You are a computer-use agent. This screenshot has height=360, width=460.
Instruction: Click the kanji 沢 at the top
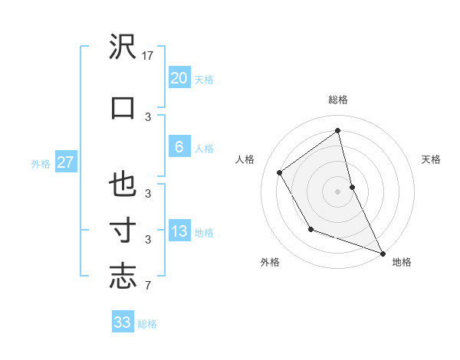[123, 48]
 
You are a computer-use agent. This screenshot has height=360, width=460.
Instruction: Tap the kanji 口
[123, 106]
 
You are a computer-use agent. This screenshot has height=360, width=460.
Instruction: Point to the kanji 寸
[123, 230]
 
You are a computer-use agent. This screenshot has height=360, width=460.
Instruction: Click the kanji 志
[123, 276]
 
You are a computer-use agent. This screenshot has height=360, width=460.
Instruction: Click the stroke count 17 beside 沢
[149, 56]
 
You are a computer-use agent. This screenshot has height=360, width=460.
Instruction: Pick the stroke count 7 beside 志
[147, 286]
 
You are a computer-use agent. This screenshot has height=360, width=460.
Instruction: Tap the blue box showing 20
[179, 78]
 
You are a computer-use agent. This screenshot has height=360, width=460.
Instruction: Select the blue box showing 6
[179, 147]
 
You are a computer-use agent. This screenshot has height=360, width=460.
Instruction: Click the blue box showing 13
[179, 232]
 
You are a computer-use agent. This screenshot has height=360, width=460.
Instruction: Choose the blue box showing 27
[65, 162]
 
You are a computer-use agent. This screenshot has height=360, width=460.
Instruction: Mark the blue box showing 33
[122, 322]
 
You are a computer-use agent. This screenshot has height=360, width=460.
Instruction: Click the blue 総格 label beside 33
[147, 324]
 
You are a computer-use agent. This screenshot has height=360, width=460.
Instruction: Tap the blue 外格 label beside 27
[41, 163]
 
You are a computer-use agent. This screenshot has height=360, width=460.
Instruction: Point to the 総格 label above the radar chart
[338, 100]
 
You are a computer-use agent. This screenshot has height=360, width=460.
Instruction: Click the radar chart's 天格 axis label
[431, 159]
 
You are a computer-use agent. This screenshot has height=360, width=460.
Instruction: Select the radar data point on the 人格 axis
[280, 172]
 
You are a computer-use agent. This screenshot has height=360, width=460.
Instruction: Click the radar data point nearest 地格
[383, 253]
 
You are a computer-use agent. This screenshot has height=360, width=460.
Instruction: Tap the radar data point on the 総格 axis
[338, 130]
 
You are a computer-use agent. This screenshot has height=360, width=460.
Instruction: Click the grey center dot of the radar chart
[338, 191]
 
